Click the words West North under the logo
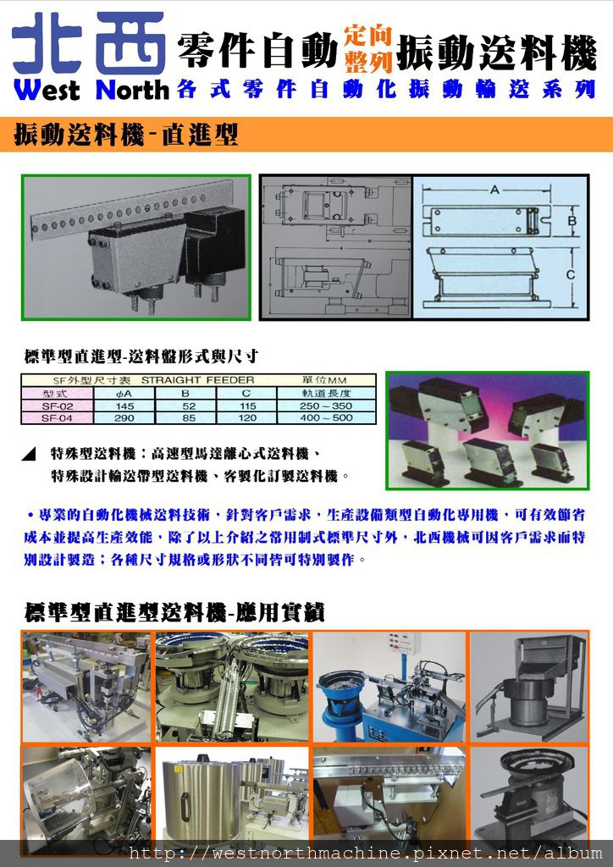click(91, 90)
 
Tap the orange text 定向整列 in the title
click(367, 47)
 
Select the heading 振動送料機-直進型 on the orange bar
click(125, 135)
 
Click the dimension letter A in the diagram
click(494, 191)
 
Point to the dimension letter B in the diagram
click(572, 221)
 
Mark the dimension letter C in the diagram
click(572, 273)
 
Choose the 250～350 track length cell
click(326, 406)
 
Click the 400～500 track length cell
click(326, 417)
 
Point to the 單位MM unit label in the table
click(326, 380)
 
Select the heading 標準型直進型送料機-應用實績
click(174, 611)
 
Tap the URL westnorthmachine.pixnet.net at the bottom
click(365, 853)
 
